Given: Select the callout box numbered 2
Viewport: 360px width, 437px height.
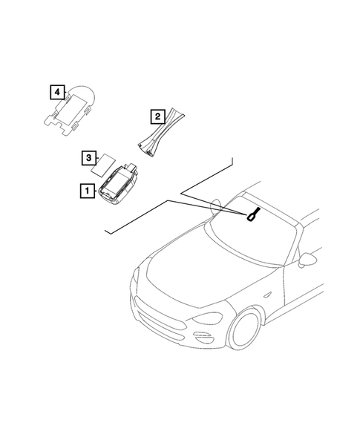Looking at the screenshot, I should pos(157,116).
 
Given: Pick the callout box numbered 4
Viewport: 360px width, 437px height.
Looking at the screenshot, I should pos(56,92).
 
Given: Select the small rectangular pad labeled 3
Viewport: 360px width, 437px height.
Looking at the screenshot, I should pos(106,161).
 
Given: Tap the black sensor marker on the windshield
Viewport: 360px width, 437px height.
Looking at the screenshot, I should pos(253,214).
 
